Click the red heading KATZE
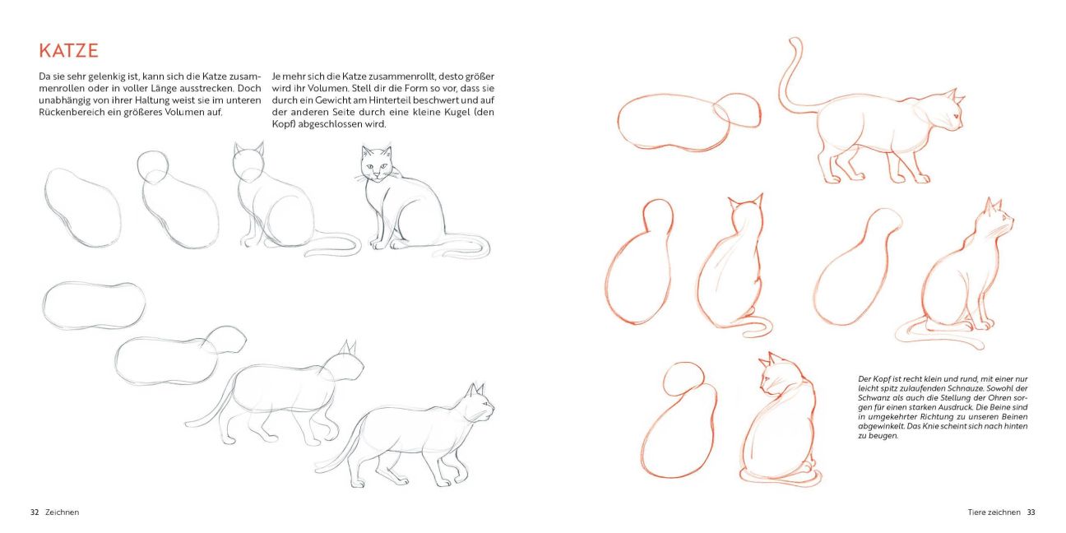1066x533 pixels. tap(68, 51)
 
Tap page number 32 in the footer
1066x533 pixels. tap(35, 512)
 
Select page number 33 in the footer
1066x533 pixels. tap(1031, 512)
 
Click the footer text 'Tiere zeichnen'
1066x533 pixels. tap(994, 512)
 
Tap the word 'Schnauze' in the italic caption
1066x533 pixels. tap(959, 388)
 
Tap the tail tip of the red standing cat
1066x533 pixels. tap(795, 41)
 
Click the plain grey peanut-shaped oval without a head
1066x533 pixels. tap(94, 305)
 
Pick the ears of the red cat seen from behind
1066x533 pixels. tap(745, 202)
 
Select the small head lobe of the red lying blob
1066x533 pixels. tap(737, 110)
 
